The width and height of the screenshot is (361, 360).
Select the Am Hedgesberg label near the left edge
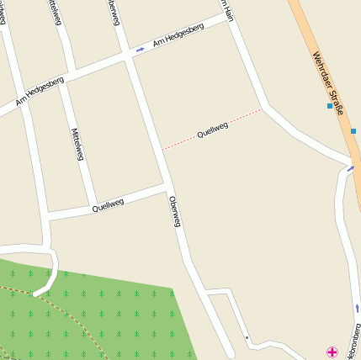click(x=40, y=90)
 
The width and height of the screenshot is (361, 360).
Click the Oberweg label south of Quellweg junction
click(x=175, y=211)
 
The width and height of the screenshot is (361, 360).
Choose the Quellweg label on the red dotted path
click(x=212, y=130)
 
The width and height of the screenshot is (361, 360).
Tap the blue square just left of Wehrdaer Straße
click(x=330, y=106)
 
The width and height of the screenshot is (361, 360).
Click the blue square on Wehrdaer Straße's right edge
click(x=353, y=130)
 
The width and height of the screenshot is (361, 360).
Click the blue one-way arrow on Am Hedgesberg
click(x=140, y=49)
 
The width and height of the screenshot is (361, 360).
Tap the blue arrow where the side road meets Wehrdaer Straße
click(x=351, y=168)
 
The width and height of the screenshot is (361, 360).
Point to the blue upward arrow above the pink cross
click(x=357, y=309)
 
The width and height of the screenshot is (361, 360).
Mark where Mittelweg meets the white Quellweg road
click(x=94, y=208)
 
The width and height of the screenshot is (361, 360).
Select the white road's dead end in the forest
click(x=36, y=294)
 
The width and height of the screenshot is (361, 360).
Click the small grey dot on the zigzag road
click(x=247, y=338)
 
